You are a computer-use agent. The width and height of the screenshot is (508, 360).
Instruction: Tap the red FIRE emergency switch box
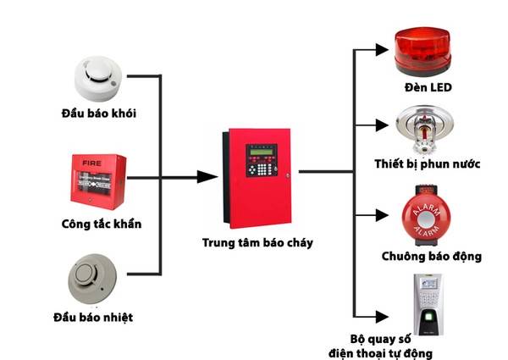coord(99,180)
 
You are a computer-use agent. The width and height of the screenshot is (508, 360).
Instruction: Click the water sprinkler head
coord(424,128)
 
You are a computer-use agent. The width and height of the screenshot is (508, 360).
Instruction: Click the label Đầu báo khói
coord(98,113)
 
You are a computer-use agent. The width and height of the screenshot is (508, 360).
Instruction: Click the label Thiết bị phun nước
coord(428,162)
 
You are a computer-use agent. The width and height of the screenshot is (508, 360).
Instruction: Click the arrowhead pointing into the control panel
coord(205,177)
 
